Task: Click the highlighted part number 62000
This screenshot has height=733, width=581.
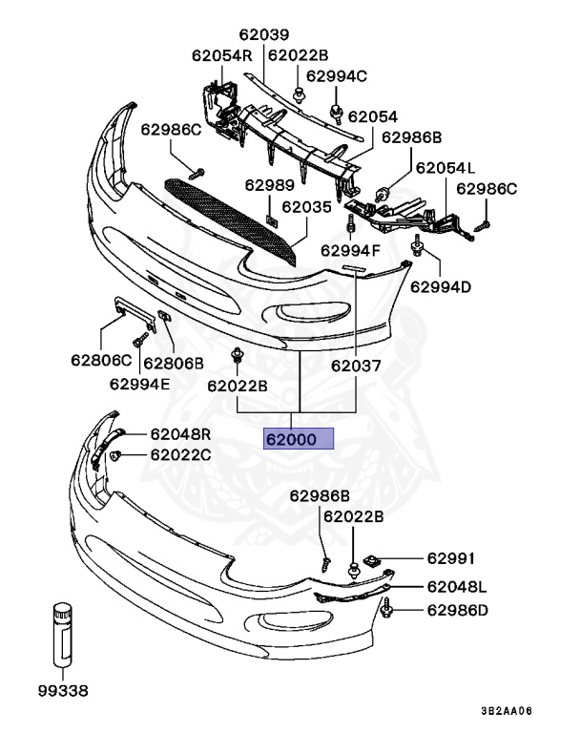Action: coord(298,440)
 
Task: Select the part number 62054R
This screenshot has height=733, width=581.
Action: coord(221,55)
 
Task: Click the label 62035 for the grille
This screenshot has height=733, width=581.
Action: coord(306,205)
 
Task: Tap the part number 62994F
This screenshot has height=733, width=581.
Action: coord(350,251)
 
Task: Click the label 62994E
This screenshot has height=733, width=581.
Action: coord(139,384)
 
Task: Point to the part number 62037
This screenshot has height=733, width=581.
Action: coord(356,365)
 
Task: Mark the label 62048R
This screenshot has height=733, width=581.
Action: coord(180,433)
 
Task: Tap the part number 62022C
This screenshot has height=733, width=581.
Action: coord(180,454)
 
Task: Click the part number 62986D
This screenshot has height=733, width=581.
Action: coord(457,610)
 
